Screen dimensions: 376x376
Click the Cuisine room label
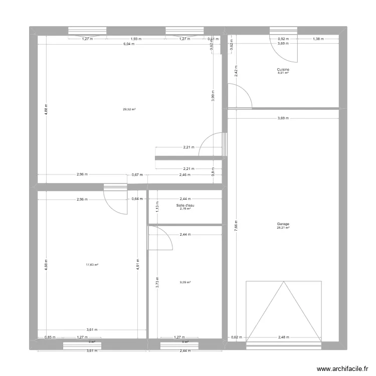pyautogui.click(x=283, y=70)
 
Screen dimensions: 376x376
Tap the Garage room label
pyautogui.click(x=283, y=224)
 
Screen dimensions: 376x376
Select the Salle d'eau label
pyautogui.click(x=185, y=205)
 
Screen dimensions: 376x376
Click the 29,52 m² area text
pyautogui.click(x=130, y=109)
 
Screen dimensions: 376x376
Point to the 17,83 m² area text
pyautogui.click(x=92, y=265)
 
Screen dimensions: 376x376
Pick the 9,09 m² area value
pyautogui.click(x=185, y=282)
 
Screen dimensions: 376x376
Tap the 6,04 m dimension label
pyautogui.click(x=129, y=44)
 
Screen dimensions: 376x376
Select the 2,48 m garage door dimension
pyautogui.click(x=283, y=337)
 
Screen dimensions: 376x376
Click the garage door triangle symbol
pyautogui.click(x=283, y=311)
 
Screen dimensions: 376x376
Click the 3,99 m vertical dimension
pyautogui.click(x=213, y=99)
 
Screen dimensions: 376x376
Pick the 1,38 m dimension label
pyautogui.click(x=318, y=39)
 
